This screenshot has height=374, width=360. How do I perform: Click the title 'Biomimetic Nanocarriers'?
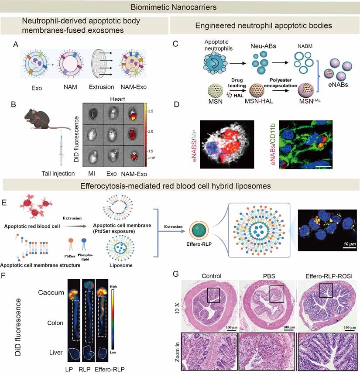pyautogui.click(x=180, y=8)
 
